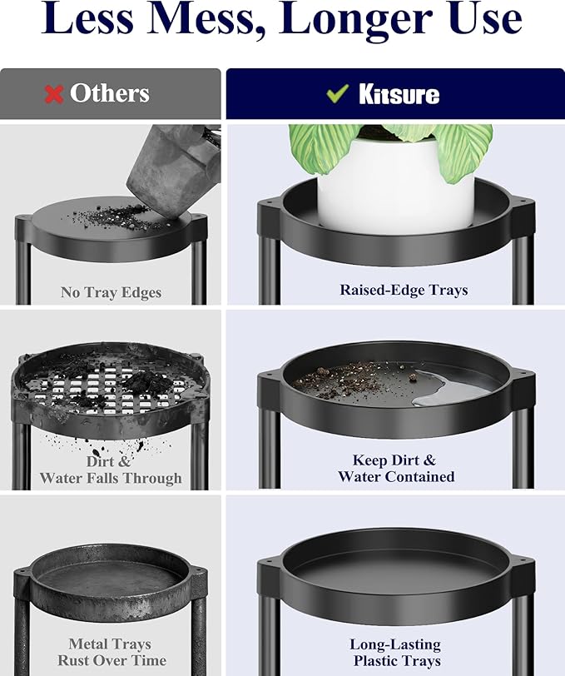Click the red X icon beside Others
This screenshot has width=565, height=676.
(54, 93)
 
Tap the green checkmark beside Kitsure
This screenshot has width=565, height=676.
(338, 92)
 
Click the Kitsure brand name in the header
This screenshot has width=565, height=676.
(399, 94)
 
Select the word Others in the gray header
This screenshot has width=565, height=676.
(110, 93)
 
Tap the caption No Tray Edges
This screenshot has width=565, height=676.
(112, 292)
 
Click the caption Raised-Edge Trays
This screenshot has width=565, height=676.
(404, 290)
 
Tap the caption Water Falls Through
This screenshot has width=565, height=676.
(111, 478)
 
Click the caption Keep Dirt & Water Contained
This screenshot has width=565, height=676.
(396, 468)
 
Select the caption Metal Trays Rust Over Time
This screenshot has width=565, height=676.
(112, 652)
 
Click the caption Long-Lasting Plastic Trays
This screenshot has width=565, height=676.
(395, 653)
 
